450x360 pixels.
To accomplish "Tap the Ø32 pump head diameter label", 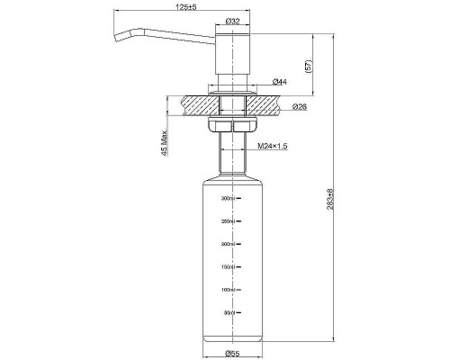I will [232, 21].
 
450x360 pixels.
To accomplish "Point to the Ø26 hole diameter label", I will [301, 107].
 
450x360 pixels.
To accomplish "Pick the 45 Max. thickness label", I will [165, 141].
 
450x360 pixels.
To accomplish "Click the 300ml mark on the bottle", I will [227, 198].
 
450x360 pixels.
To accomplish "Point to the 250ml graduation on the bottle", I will [227, 221].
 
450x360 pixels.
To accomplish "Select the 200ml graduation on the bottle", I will [227, 244].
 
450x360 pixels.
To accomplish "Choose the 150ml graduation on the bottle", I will [227, 267].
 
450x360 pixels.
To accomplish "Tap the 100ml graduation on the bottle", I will [227, 290].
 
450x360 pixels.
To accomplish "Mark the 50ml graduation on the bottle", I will [228, 313].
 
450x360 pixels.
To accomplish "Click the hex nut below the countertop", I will [232, 126].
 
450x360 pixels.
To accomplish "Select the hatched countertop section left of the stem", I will [193, 104].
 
